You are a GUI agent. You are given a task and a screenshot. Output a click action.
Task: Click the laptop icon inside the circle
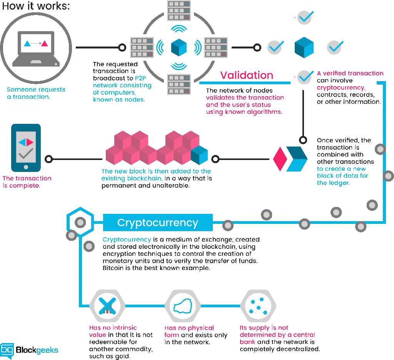pos(36,48)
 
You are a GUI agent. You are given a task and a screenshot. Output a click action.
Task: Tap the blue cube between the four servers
pos(179,47)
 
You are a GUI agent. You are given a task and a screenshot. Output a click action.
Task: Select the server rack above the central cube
pos(179,10)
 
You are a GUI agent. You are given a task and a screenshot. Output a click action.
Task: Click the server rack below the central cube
pos(179,84)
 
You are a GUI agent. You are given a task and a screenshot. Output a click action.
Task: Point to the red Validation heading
pos(247,75)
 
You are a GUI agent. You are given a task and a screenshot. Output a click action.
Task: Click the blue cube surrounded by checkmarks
pos(304,47)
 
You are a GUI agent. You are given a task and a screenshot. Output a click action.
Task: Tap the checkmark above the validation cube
pos(305,17)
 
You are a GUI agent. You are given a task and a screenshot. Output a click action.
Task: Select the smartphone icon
pos(26,148)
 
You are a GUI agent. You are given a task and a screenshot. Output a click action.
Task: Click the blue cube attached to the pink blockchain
pos(199,155)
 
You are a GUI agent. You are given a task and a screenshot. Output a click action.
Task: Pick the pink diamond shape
pos(280,159)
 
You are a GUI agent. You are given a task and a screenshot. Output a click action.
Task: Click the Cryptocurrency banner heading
pos(158,223)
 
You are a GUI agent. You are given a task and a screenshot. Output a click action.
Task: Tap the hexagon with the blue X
pos(107,306)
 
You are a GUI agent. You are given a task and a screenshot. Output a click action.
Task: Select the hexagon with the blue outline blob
pos(183,306)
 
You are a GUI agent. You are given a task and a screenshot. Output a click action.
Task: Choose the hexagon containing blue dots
pos(258,306)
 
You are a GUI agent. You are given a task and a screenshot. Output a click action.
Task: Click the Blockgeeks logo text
pos(37,350)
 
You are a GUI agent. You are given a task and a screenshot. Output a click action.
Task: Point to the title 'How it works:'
pos(36,6)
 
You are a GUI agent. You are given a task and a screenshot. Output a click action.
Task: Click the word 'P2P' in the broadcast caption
pos(140,78)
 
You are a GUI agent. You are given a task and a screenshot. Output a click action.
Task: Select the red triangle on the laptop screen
pos(45,43)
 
